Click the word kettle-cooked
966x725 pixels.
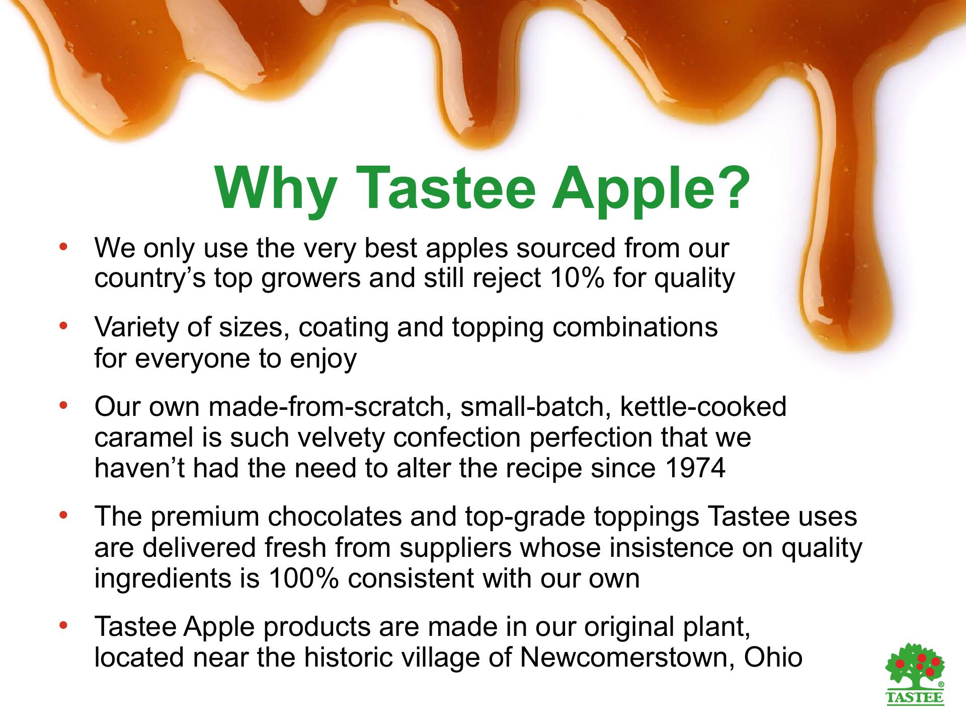(x=703, y=406)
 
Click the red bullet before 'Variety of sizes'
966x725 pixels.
(x=63, y=327)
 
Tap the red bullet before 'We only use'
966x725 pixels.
(x=63, y=247)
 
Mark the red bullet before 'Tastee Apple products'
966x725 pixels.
(x=63, y=626)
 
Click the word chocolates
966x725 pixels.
(x=334, y=517)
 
